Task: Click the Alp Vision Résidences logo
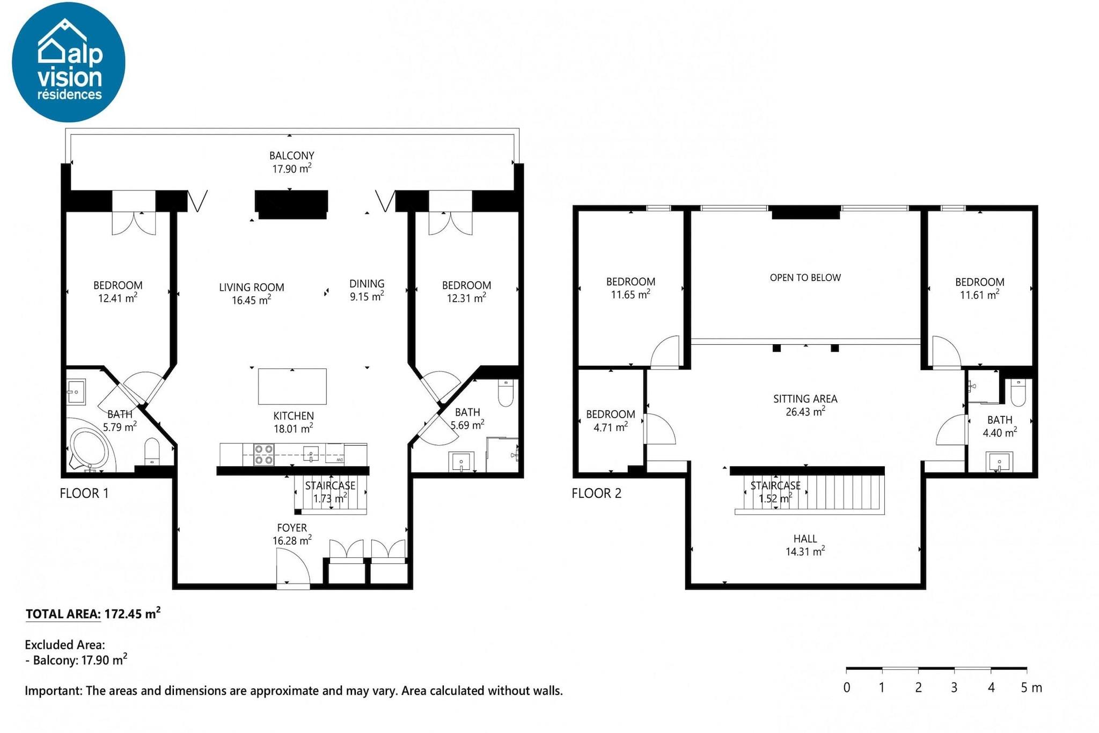(x=69, y=62)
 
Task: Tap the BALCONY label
(x=291, y=156)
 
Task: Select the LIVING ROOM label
(x=252, y=287)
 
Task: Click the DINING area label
(x=367, y=284)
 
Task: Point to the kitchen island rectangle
(x=292, y=386)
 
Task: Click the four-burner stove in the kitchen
(x=263, y=454)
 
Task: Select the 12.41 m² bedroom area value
(x=118, y=298)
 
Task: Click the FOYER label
(x=292, y=528)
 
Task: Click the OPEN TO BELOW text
(x=805, y=278)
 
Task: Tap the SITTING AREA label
(x=805, y=398)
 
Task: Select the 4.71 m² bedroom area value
(x=611, y=427)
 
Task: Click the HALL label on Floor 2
(x=805, y=539)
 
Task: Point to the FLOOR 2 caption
(x=597, y=493)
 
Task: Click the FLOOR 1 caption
(x=84, y=493)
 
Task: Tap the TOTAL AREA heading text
(x=63, y=614)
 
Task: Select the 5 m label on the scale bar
(x=1031, y=687)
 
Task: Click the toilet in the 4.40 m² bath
(x=1018, y=392)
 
